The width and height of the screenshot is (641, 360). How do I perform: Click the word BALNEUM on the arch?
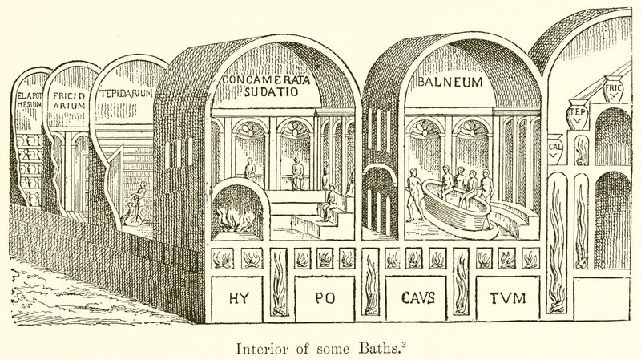[x=450, y=83]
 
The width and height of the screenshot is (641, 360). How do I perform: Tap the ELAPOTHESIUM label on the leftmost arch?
[x=28, y=107]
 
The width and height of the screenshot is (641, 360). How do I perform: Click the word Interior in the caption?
[x=256, y=348]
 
